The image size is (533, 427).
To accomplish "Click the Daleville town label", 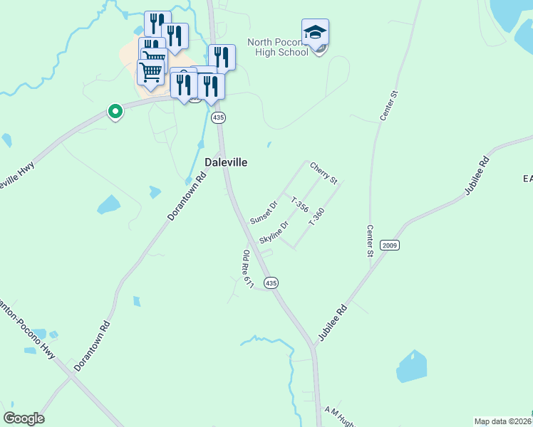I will point(226,162).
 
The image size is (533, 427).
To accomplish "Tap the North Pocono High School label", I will point(279,47).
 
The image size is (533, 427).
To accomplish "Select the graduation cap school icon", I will point(315,33).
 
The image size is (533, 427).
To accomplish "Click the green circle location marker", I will point(114,111).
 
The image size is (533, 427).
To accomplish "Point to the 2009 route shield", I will point(390,246).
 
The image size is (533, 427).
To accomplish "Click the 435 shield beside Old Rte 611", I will point(271,283).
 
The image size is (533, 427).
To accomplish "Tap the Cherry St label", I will point(323,172).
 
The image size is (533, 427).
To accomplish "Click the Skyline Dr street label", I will point(274,232).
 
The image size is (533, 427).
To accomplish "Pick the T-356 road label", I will point(299,205).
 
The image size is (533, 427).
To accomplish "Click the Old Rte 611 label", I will point(248,270).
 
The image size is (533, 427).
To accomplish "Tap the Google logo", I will point(24,418).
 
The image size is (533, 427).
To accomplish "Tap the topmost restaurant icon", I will point(157,23).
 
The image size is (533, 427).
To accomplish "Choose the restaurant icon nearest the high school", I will point(222,57).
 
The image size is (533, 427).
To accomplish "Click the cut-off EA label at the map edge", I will point(527,178).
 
